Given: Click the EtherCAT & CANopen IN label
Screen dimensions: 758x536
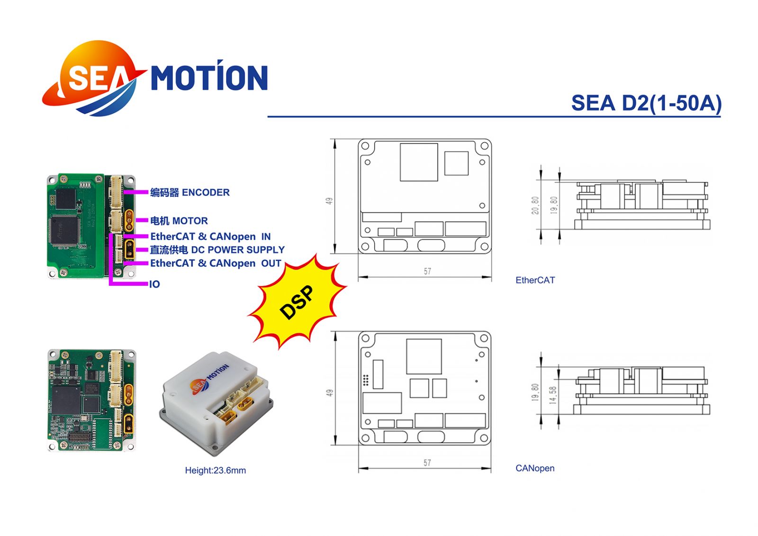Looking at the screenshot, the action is coord(210,236).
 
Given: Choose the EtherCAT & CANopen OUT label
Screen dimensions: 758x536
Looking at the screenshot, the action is coord(216,263).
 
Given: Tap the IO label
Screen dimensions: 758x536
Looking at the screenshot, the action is coord(154,284).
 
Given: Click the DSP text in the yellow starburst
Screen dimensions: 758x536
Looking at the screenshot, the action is coord(297,302).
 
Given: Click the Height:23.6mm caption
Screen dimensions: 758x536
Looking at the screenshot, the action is coord(215,470).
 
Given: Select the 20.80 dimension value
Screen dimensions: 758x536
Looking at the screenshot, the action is coord(535,205).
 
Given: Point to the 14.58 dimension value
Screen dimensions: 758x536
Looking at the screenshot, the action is coord(552,395).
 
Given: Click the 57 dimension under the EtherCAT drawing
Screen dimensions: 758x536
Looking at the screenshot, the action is coord(427,271).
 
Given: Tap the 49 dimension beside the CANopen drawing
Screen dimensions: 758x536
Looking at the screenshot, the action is coord(329,393).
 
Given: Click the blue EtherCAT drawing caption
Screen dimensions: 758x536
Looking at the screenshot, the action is coord(535,280).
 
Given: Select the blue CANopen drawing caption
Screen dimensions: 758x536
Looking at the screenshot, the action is coord(535,468).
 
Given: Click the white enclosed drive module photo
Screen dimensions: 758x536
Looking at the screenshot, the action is coord(216,403).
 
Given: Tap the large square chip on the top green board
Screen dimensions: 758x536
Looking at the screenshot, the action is coord(64,230).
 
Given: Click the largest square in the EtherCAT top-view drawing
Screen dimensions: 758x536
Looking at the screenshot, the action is coord(419,162).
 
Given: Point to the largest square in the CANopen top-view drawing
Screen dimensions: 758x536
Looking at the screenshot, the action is coord(424,356).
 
